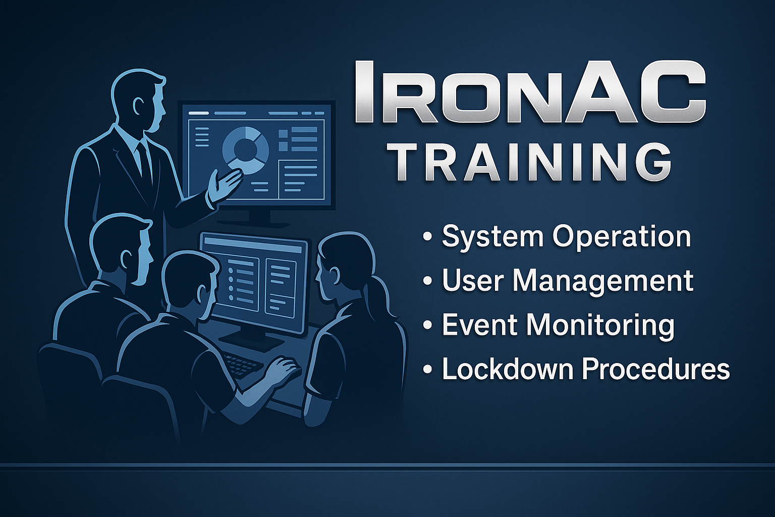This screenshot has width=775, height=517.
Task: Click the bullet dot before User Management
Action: [428, 281]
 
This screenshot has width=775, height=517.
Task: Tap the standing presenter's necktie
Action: [144, 163]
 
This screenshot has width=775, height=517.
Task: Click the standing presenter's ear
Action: [138, 106]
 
